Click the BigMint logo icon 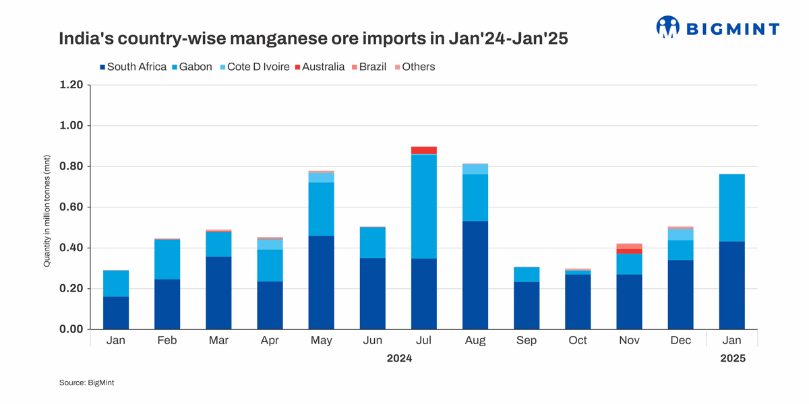(667, 28)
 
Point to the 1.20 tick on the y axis (71, 85)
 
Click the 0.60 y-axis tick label (71, 207)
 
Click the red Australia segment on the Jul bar (424, 150)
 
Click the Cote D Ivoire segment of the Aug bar (475, 169)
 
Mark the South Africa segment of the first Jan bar (116, 312)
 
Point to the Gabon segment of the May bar (322, 209)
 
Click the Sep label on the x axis (527, 341)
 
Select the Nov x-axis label (629, 341)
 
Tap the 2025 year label (732, 358)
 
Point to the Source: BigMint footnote (87, 382)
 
